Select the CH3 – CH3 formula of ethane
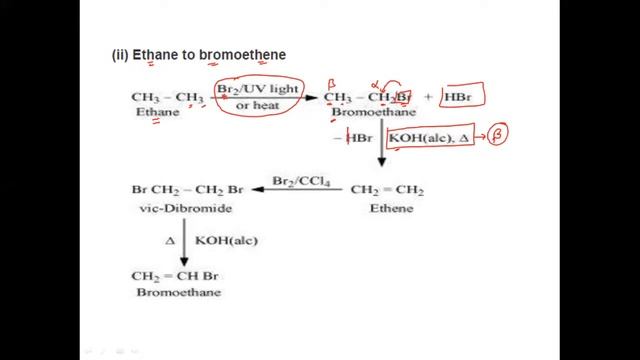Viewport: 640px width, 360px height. (167, 97)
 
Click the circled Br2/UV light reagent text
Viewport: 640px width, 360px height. (258, 91)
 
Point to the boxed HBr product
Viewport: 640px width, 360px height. (464, 98)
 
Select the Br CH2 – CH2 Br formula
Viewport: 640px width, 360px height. (187, 190)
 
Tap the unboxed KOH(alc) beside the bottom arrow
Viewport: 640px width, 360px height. (218, 241)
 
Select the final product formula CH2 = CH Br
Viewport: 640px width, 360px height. (173, 275)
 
